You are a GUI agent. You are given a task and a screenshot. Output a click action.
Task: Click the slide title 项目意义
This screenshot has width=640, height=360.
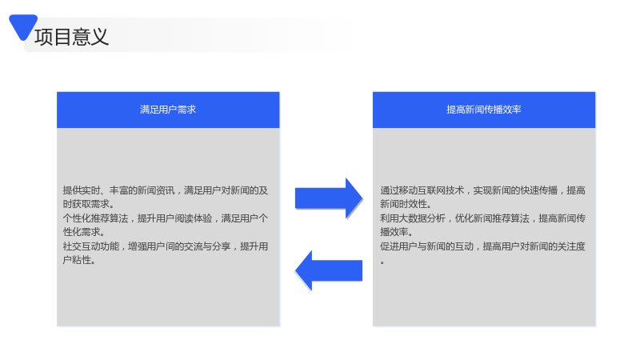(71, 37)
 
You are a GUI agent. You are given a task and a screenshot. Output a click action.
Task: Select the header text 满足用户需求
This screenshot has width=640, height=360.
(168, 110)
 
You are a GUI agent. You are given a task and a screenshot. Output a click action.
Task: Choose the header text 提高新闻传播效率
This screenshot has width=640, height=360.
(484, 110)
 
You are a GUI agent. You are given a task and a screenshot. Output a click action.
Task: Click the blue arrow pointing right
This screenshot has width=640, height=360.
(329, 198)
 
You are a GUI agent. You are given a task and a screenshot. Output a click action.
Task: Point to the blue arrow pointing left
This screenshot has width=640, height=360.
(329, 270)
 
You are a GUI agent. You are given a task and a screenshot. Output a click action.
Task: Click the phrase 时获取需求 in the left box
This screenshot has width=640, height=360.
(86, 204)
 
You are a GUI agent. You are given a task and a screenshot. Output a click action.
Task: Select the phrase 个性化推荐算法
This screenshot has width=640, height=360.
(95, 218)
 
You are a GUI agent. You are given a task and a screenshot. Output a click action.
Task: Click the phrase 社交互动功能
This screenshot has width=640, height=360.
(91, 246)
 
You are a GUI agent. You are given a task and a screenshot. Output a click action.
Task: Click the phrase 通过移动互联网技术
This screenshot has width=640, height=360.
(422, 190)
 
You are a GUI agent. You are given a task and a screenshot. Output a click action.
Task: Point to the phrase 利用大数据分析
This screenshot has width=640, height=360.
(413, 218)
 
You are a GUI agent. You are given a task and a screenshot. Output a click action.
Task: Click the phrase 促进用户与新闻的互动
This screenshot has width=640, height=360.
(426, 246)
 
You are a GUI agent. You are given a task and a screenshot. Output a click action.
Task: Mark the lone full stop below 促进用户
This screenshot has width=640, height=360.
(382, 263)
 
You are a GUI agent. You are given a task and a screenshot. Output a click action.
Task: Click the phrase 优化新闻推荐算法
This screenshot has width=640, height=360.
(492, 218)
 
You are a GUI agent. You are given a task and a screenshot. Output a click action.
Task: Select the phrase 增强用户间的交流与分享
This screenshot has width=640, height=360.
(179, 246)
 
